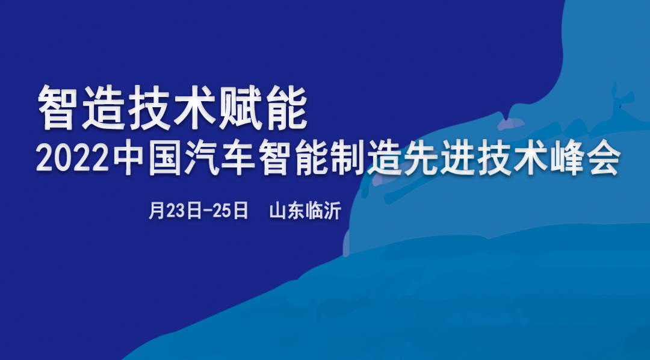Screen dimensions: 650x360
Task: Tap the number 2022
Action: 73,159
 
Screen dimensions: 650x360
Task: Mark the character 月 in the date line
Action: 156,211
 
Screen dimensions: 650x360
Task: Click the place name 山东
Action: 287,211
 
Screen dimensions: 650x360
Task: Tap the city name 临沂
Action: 323,211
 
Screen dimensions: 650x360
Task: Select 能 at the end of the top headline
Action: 285,108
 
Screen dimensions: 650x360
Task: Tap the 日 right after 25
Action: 240,211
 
